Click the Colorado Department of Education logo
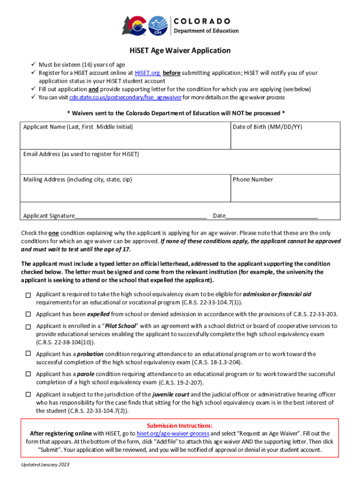[x=180, y=26]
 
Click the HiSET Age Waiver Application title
[x=180, y=51]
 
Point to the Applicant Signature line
[x=140, y=215]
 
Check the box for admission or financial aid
[x=28, y=295]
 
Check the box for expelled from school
[x=28, y=314]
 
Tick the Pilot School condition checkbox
[x=28, y=327]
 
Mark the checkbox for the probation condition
[x=28, y=354]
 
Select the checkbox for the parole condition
[x=28, y=374]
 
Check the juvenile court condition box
[x=28, y=395]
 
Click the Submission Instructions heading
[x=180, y=426]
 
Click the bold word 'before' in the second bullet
[x=172, y=73]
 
